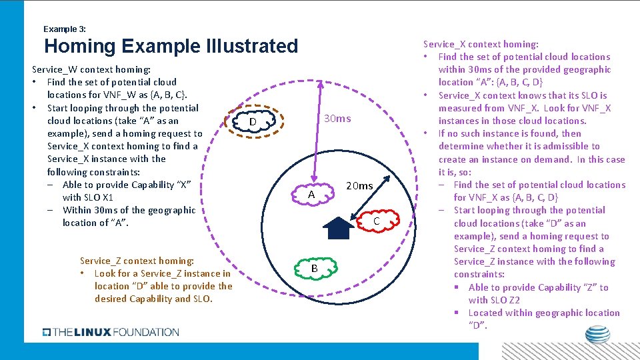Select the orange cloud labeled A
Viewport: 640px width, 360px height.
point(311,193)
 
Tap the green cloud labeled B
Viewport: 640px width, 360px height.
point(314,267)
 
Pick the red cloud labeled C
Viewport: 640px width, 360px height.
point(376,220)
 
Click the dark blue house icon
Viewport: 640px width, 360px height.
point(339,227)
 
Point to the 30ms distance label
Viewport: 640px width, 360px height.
point(337,118)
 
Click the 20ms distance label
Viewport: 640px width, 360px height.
point(360,185)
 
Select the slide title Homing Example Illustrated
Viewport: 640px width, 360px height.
point(171,46)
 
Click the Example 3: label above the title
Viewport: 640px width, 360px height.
point(64,29)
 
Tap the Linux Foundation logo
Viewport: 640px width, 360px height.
point(111,331)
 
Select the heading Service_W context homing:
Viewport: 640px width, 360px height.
point(91,69)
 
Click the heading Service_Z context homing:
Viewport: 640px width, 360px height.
point(137,261)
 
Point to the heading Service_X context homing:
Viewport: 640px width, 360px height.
point(481,44)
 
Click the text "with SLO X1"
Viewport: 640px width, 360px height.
point(88,197)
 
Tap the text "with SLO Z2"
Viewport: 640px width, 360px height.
point(494,300)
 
